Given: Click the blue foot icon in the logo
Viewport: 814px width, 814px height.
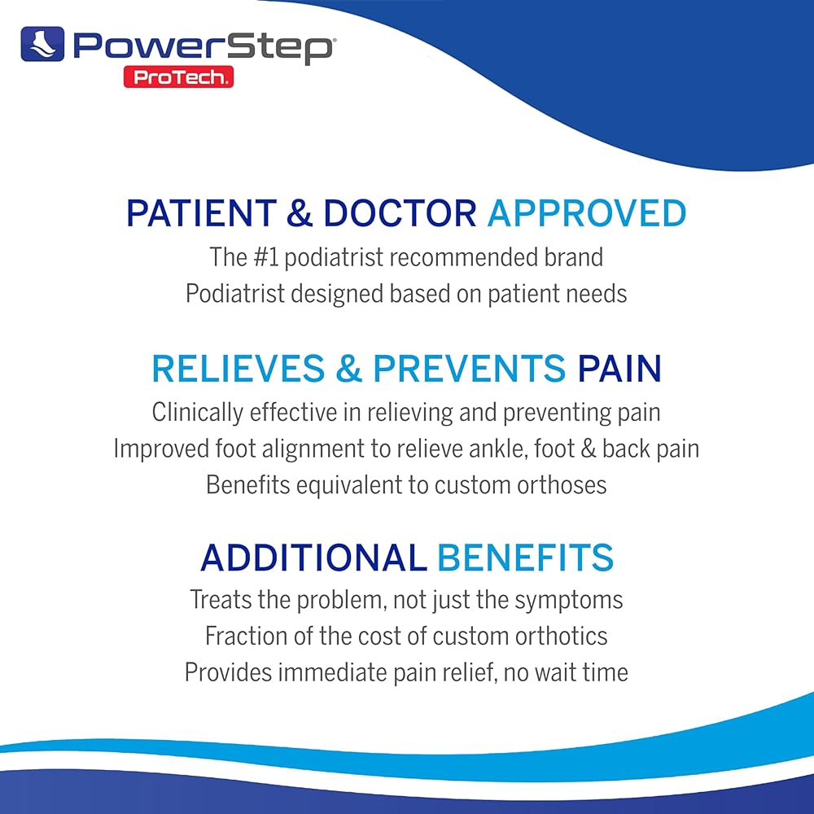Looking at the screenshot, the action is click(42, 44).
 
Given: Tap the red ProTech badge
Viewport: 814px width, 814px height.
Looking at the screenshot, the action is click(178, 77).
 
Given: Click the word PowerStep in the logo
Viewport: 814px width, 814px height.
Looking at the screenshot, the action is click(203, 47).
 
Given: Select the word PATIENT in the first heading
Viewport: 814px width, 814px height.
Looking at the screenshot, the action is click(202, 212).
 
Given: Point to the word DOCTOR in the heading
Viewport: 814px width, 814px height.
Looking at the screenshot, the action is click(400, 212).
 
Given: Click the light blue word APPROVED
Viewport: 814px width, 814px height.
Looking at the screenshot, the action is click(587, 212).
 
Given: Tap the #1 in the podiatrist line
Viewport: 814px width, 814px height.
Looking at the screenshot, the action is click(266, 257).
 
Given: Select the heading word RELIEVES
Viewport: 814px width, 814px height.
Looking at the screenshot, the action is click(239, 369).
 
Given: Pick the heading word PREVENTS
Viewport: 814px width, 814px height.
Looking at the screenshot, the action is click(470, 369).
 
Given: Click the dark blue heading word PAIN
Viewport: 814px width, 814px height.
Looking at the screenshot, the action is click(619, 369).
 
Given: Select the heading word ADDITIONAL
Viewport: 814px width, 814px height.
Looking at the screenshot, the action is click(313, 558).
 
